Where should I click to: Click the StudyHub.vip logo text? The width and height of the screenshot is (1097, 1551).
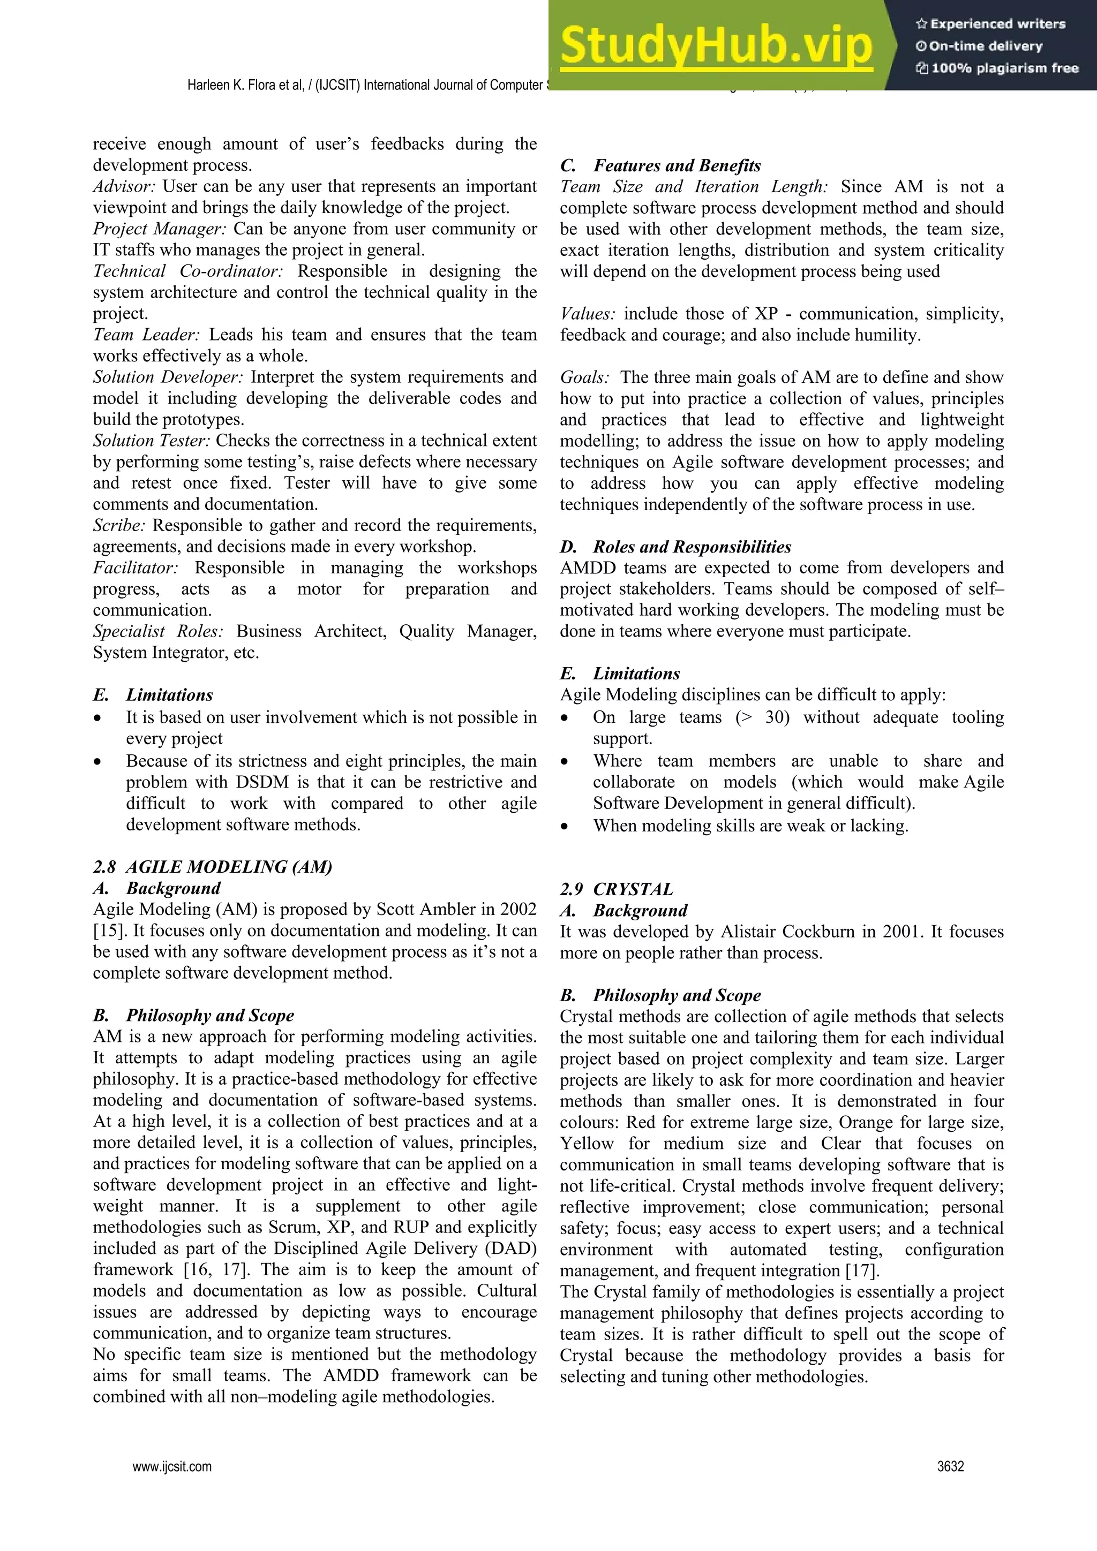click(x=715, y=46)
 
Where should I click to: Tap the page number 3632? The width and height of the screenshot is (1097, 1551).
click(x=950, y=1466)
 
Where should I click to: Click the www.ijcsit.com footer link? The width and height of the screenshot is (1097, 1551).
click(x=172, y=1466)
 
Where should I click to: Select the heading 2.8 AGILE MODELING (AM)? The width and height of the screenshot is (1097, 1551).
click(x=212, y=867)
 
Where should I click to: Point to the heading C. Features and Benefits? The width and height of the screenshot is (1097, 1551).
click(x=660, y=165)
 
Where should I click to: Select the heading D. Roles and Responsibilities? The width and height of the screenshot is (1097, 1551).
click(x=675, y=547)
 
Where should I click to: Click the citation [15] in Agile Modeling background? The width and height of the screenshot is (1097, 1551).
click(x=109, y=931)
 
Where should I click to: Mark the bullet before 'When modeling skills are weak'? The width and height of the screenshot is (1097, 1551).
click(x=566, y=826)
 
